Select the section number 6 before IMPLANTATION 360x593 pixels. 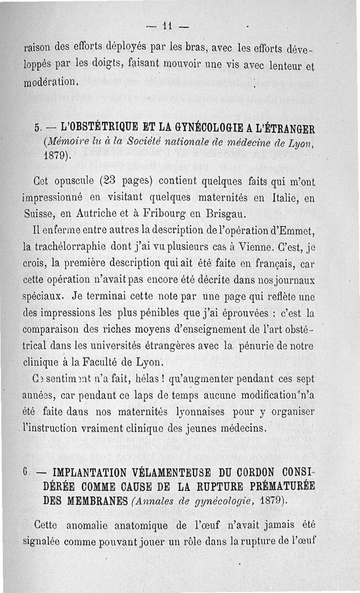(28, 473)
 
